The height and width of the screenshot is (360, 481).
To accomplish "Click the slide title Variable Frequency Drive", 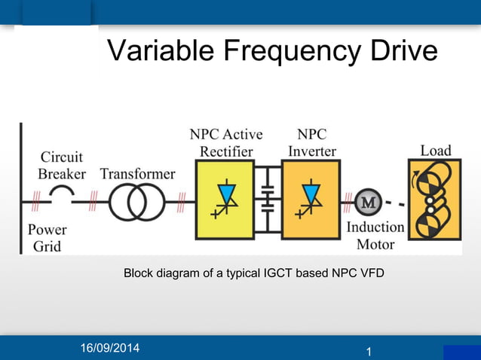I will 272,51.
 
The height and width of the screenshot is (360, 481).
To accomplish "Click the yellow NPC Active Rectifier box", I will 225,200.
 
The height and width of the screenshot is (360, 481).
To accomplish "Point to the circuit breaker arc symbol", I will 63,197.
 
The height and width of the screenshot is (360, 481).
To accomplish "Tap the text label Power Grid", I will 47,237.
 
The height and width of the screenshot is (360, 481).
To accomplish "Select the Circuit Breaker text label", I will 62,166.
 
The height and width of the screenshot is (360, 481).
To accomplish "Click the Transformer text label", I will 137,174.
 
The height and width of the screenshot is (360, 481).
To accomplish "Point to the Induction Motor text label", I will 375,235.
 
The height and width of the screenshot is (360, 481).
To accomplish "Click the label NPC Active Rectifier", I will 225,143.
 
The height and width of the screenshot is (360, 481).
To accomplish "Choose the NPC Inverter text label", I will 311,143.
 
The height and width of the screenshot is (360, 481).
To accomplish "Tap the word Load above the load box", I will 435,150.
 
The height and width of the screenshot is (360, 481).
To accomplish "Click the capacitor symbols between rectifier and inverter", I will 266,200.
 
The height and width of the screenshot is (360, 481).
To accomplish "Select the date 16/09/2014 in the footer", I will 110,348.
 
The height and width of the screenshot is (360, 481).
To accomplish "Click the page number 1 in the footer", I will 369,351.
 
